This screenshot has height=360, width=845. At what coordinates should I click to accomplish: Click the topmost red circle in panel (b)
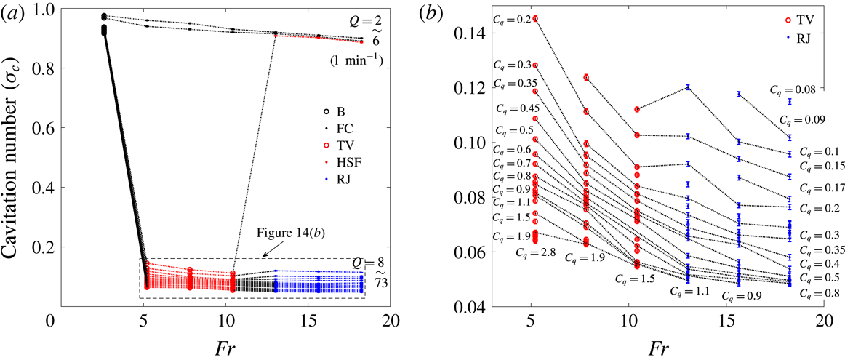click(535, 19)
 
